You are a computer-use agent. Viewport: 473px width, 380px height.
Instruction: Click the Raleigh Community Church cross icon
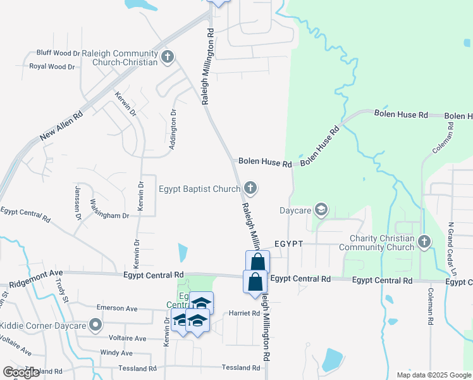[x=168, y=57]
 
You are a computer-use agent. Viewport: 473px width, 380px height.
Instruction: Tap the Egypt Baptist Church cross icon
[x=250, y=188]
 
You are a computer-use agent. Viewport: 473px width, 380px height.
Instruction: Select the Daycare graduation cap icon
[x=321, y=210]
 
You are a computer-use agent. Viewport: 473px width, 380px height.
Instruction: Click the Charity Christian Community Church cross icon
[x=424, y=242]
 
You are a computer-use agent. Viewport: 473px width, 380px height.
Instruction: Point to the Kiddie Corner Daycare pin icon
[x=96, y=326]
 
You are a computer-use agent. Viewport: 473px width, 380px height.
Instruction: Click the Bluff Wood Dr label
[x=59, y=53]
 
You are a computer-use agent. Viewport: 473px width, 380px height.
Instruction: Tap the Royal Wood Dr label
[x=52, y=66]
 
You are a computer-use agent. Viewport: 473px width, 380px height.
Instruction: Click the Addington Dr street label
[x=172, y=129]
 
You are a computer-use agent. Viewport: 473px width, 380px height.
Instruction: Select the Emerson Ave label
[x=117, y=308]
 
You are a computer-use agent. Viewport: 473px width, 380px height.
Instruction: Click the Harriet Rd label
[x=243, y=313]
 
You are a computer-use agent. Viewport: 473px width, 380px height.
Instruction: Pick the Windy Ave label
[x=116, y=353]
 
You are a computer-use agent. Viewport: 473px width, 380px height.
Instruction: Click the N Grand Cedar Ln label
[x=451, y=247]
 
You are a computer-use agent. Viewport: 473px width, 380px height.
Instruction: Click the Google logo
[x=21, y=372]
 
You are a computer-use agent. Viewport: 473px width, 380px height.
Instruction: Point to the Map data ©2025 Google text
[x=433, y=375]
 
